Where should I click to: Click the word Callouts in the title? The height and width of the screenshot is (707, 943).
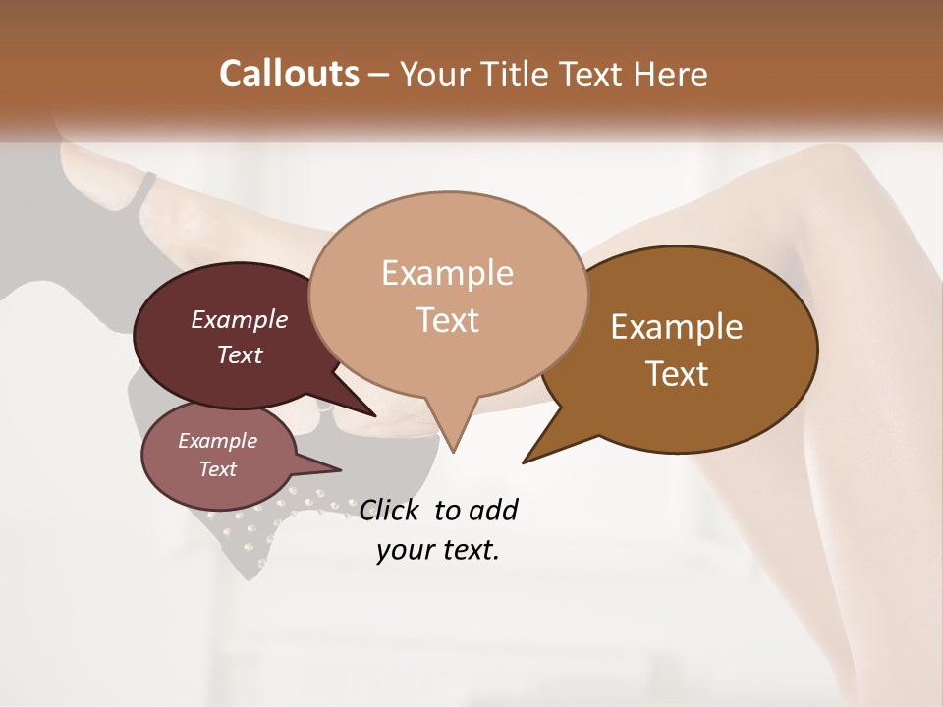click(289, 75)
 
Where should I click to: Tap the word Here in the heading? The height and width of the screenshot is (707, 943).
click(671, 75)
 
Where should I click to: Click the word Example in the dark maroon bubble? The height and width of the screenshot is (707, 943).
click(240, 319)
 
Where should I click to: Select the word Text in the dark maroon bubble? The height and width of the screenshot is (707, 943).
click(240, 354)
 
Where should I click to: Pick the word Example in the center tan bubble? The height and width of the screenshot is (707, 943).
click(447, 273)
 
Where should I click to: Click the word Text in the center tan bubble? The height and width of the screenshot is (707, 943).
click(447, 320)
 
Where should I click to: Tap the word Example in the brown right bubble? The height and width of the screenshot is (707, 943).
click(677, 327)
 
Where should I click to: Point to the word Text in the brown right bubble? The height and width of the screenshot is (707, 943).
click(677, 374)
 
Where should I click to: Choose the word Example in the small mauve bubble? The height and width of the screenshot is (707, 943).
click(217, 441)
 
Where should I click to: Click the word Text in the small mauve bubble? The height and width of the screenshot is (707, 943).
click(217, 469)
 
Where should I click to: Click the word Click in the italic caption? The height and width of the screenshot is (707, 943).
click(391, 510)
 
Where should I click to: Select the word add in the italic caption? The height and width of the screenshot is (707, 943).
click(493, 510)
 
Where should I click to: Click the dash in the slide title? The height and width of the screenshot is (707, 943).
click(379, 76)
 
